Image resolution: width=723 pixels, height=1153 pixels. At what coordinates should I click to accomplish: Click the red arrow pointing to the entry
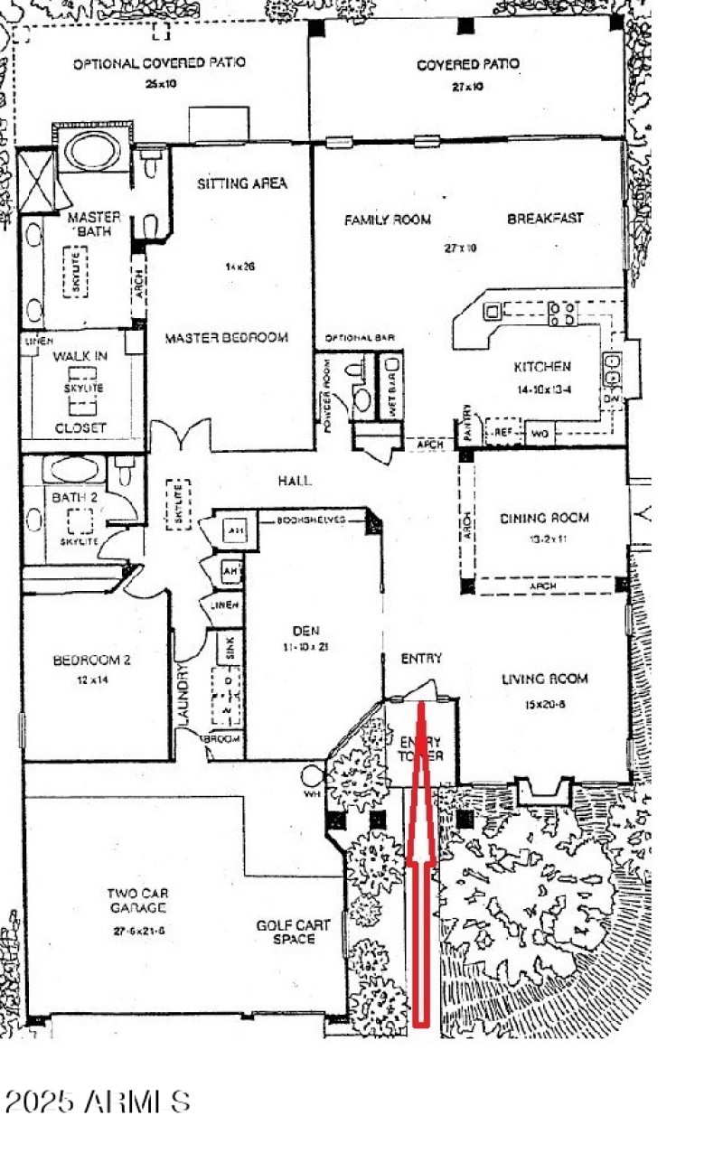[420, 867]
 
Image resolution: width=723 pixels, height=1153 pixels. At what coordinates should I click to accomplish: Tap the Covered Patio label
[467, 65]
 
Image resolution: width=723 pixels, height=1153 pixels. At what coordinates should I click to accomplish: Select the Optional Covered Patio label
[159, 64]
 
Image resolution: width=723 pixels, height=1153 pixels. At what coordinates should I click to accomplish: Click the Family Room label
[387, 220]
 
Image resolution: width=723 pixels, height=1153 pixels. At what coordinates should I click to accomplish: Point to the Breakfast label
[544, 219]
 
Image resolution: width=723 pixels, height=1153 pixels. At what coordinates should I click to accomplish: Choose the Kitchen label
[541, 367]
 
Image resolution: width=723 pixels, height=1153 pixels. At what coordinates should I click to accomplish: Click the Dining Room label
[544, 519]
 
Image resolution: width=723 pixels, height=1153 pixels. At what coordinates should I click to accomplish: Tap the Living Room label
[545, 679]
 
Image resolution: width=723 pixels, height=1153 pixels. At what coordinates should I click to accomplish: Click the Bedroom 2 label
[92, 661]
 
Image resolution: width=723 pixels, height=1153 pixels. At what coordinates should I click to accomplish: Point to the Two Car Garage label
[136, 900]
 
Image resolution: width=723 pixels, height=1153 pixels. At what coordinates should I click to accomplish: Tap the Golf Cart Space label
[293, 932]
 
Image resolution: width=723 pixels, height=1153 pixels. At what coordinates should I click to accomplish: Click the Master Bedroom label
[226, 338]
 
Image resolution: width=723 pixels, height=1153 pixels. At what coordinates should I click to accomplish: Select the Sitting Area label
[241, 183]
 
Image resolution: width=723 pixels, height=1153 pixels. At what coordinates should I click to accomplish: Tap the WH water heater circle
[313, 775]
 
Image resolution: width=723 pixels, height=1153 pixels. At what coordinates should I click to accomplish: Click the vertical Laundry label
[183, 696]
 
